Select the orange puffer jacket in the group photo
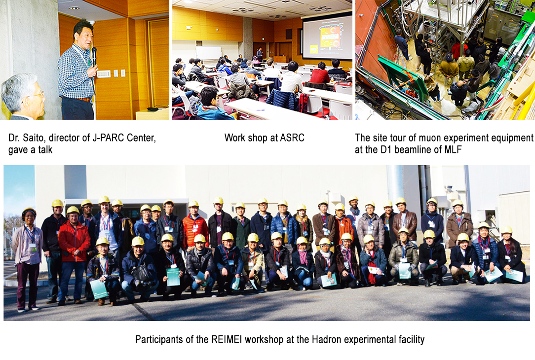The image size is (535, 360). (195, 230)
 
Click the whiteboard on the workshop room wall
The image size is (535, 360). (208, 53)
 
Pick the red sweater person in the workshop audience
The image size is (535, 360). (320, 75)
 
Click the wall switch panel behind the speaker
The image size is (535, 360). (104, 74)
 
